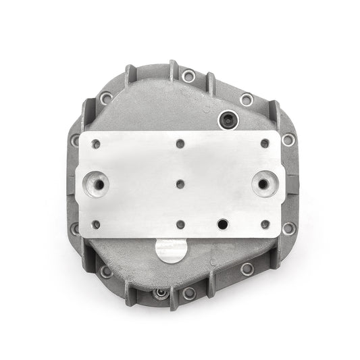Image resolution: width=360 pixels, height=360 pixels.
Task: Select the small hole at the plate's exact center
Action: (180, 184)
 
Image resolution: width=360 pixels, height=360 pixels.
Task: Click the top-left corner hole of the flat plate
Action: (97, 143)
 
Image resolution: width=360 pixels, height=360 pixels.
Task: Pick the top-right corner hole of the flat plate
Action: (265, 143)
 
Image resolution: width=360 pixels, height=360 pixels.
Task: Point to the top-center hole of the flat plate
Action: (180, 143)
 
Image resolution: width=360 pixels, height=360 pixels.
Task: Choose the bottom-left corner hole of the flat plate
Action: (97, 224)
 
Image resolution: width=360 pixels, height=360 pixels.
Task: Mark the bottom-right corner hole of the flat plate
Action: (265, 224)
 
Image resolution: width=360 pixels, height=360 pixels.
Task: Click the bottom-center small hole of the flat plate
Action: (180, 224)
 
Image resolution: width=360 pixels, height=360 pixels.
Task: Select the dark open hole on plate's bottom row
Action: (222, 224)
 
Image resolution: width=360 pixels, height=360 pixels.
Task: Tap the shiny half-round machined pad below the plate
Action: (170, 251)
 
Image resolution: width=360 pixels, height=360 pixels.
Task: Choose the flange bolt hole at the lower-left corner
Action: (106, 272)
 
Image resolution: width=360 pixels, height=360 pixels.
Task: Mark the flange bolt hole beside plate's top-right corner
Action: (288, 140)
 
